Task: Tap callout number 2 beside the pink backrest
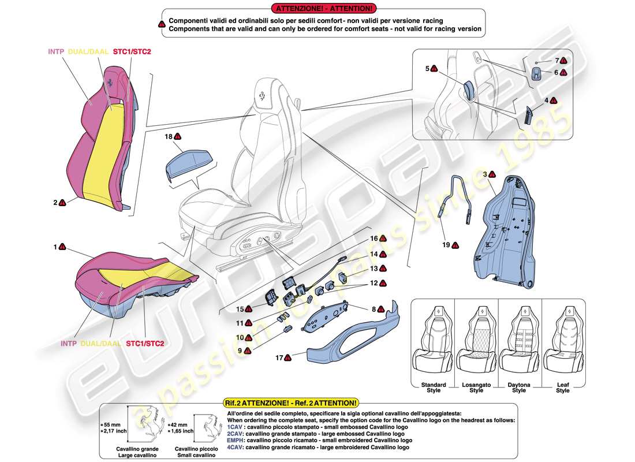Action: (55, 203)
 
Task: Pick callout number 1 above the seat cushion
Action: (55, 247)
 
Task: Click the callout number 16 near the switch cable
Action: (373, 238)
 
